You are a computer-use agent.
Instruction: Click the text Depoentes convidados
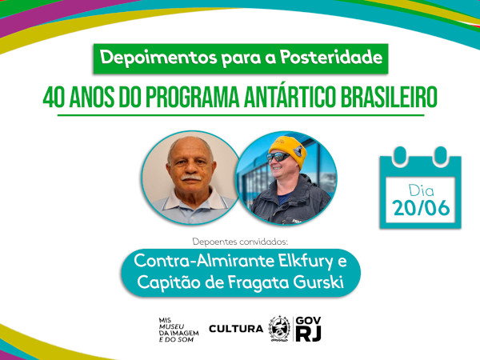coord(239,240)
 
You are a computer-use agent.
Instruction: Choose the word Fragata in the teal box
coord(255,282)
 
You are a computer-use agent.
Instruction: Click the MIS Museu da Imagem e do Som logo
coord(177,329)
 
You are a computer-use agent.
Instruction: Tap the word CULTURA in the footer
coord(235,329)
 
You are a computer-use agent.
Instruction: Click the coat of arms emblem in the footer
coord(279,328)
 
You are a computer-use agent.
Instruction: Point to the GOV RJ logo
coord(308,328)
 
